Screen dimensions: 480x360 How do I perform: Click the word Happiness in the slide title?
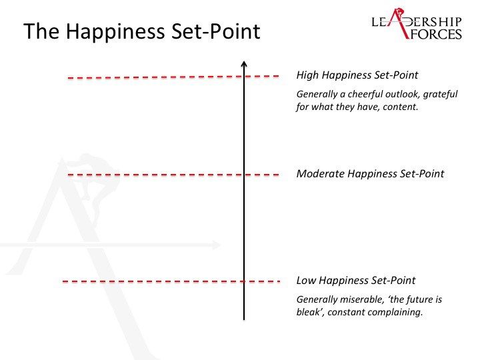[x=115, y=31]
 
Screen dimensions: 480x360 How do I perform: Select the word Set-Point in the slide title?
[x=215, y=31]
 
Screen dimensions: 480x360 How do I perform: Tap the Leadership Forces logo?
[x=417, y=23]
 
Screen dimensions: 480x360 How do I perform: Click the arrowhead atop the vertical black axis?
[x=244, y=64]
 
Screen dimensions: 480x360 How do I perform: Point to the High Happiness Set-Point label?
[x=357, y=75]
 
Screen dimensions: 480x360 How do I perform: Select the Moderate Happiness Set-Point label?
[x=370, y=173]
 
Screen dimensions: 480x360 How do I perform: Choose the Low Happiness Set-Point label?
[x=356, y=280]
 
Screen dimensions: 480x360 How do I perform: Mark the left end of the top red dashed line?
[x=68, y=78]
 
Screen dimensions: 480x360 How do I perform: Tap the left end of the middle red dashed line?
[x=68, y=175]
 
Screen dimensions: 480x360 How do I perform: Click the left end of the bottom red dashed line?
[x=63, y=281]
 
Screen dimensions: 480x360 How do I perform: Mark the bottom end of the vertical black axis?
[x=244, y=320]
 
